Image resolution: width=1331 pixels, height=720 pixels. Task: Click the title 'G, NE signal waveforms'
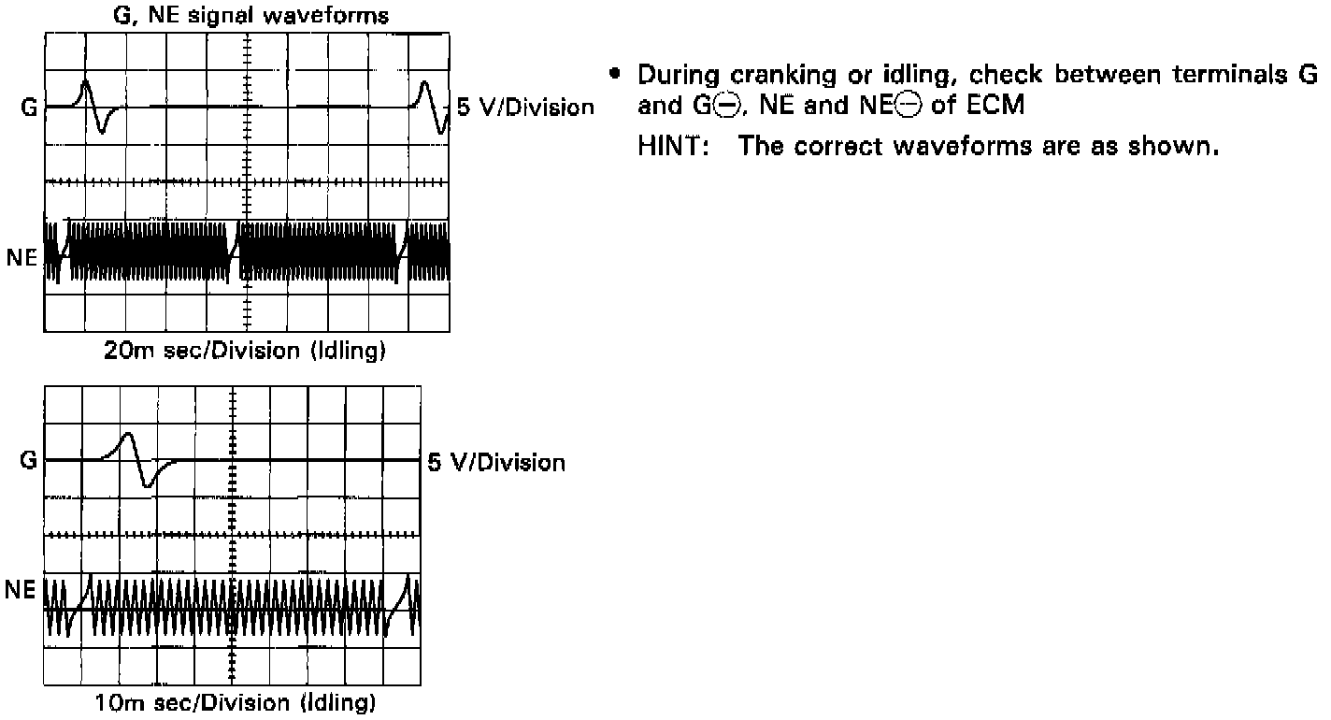click(x=246, y=16)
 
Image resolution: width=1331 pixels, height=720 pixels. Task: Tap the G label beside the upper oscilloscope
click(x=28, y=108)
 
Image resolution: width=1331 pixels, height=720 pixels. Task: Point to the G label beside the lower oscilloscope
click(x=28, y=460)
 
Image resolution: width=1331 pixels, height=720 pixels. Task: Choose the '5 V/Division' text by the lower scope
click(x=496, y=462)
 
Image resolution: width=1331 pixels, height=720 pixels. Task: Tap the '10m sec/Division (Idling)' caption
click(x=235, y=702)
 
